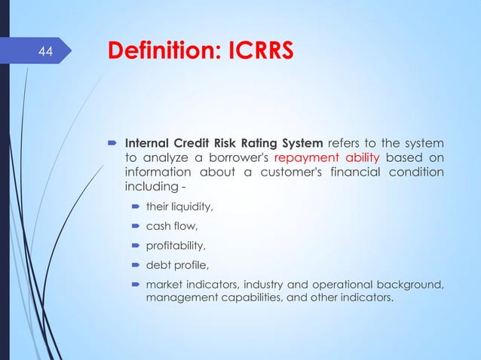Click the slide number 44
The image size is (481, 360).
[x=46, y=52]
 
